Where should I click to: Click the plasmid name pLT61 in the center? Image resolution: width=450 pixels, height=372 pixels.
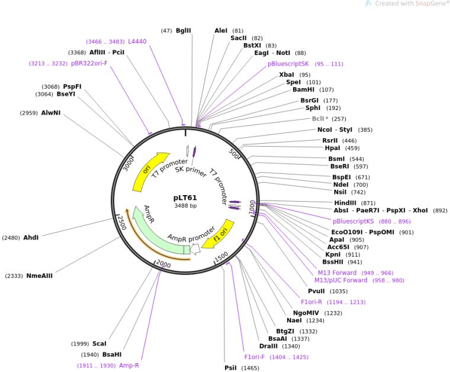click(185, 198)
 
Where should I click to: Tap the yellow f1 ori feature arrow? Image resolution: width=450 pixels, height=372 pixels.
click(218, 234)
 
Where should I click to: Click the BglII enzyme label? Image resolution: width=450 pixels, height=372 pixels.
click(184, 30)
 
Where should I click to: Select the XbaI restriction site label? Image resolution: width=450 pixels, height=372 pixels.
click(287, 75)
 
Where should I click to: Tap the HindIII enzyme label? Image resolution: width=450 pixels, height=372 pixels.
click(346, 203)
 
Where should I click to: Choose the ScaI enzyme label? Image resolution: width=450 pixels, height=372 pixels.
click(99, 344)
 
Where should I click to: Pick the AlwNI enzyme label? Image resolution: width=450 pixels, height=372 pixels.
click(51, 113)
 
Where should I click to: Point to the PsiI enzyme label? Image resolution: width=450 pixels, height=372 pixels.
click(230, 368)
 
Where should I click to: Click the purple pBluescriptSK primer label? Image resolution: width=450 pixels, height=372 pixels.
click(288, 64)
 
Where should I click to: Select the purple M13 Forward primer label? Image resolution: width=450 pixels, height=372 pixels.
click(336, 273)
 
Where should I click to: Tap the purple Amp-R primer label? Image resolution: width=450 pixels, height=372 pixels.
click(129, 365)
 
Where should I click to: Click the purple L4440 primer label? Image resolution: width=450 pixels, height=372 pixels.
click(137, 41)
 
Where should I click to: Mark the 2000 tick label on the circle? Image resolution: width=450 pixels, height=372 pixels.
click(162, 265)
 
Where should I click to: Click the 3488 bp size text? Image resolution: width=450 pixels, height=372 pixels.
click(185, 206)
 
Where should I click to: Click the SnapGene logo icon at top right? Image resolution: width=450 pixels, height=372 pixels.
click(369, 4)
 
